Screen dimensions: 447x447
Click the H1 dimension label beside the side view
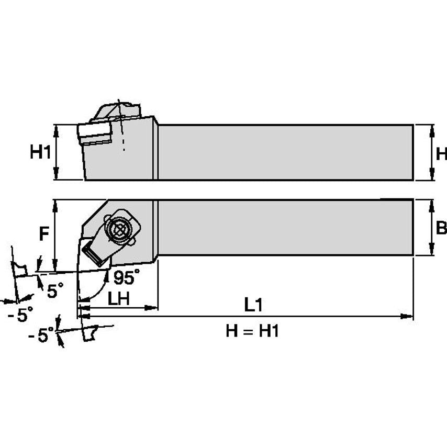pos(40,152)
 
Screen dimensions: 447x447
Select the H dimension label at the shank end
pos(441,153)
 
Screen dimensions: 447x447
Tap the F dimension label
pos(45,234)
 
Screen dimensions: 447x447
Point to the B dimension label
pos(441,228)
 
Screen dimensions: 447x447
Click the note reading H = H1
pos(252,331)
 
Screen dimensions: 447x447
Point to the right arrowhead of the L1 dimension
pos(407,316)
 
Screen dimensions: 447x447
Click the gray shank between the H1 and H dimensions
pos(285,152)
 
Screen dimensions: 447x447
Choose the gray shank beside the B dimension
pos(285,228)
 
